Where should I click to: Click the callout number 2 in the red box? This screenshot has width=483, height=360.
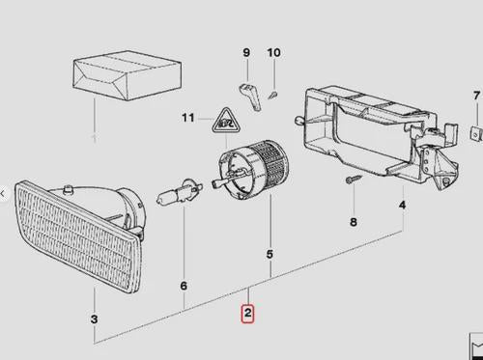tap(247, 313)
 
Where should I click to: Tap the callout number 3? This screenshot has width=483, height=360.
tap(94, 319)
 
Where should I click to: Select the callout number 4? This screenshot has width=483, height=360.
tap(402, 205)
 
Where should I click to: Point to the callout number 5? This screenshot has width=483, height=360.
tap(270, 254)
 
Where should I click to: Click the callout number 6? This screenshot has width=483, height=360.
tap(184, 286)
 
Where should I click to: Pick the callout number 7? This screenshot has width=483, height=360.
tap(476, 96)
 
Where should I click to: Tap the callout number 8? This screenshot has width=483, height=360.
tap(354, 222)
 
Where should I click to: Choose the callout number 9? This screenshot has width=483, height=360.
tap(246, 52)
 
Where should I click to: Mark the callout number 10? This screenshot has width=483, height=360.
tap(274, 52)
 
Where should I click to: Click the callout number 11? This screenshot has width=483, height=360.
tap(188, 118)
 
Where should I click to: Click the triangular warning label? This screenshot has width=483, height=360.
tap(226, 121)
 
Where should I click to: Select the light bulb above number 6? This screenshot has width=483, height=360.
tap(180, 192)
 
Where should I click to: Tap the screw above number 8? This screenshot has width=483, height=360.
tap(354, 179)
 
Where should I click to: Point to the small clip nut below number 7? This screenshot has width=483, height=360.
tap(476, 133)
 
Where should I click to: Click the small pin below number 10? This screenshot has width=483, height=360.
tap(273, 96)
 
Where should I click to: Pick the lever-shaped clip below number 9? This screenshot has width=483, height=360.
tap(250, 97)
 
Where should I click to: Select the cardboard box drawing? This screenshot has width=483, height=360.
tap(128, 75)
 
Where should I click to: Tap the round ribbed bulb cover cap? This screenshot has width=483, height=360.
tap(253, 169)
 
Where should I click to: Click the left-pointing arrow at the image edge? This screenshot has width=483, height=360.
tap(3, 194)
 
